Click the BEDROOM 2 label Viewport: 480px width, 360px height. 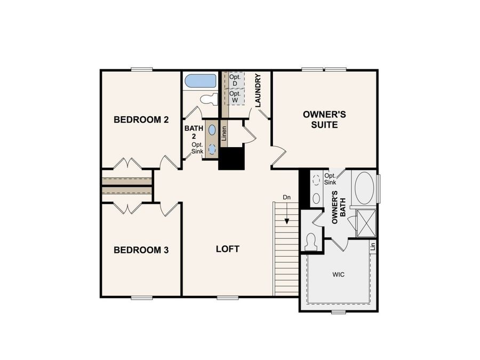click(x=141, y=120)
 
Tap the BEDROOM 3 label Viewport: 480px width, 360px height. click(x=141, y=250)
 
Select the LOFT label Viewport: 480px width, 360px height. click(x=228, y=249)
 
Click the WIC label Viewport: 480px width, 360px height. click(x=338, y=275)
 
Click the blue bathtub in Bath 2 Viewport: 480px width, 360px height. click(x=201, y=82)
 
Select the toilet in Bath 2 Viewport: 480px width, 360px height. click(x=210, y=99)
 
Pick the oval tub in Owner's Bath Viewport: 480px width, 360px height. click(x=365, y=188)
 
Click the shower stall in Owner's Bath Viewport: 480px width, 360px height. click(x=366, y=223)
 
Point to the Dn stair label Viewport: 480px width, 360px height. click(x=287, y=198)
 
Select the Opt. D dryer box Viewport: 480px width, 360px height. click(x=235, y=81)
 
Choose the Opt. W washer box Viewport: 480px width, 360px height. click(x=235, y=97)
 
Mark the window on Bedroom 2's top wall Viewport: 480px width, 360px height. click(x=142, y=69)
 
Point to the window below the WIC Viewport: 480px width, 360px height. click(x=338, y=311)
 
